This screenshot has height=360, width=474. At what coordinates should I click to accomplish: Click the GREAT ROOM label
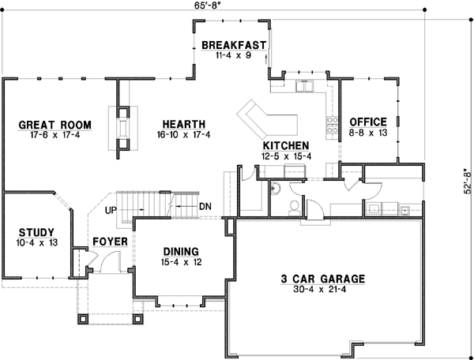click(55, 125)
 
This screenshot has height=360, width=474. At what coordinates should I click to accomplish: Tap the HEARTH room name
click(184, 124)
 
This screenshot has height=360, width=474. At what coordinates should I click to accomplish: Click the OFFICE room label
click(368, 122)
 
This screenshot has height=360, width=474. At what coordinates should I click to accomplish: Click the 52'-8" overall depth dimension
click(467, 179)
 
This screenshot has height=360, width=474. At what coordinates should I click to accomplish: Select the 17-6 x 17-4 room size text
click(55, 135)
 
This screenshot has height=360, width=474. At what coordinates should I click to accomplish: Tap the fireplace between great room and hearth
click(123, 126)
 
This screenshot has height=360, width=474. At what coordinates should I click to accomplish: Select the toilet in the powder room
click(293, 207)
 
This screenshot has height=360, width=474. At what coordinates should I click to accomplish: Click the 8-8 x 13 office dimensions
click(368, 133)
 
